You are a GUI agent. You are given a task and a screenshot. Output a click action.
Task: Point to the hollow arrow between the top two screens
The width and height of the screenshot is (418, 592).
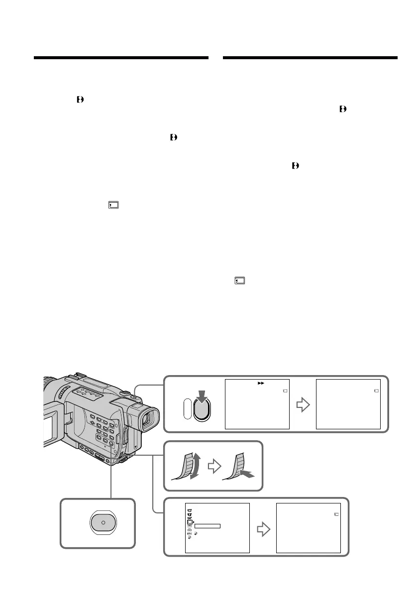(x=302, y=404)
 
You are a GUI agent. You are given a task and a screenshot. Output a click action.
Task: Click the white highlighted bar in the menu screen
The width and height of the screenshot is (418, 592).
(x=208, y=526)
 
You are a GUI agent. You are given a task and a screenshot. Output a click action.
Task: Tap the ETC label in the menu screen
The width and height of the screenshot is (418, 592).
(x=190, y=533)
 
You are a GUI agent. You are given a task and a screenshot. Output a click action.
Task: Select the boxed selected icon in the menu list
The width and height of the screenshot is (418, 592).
(x=190, y=521)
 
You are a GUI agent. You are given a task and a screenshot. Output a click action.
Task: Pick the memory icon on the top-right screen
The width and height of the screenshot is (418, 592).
(x=376, y=391)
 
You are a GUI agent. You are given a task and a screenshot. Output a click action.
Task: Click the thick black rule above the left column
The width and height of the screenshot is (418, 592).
(x=121, y=58)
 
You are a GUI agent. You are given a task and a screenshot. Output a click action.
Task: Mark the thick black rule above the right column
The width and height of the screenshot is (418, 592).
(x=311, y=58)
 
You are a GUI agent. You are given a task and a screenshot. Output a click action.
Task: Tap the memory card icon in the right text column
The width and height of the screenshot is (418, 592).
(x=240, y=281)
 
